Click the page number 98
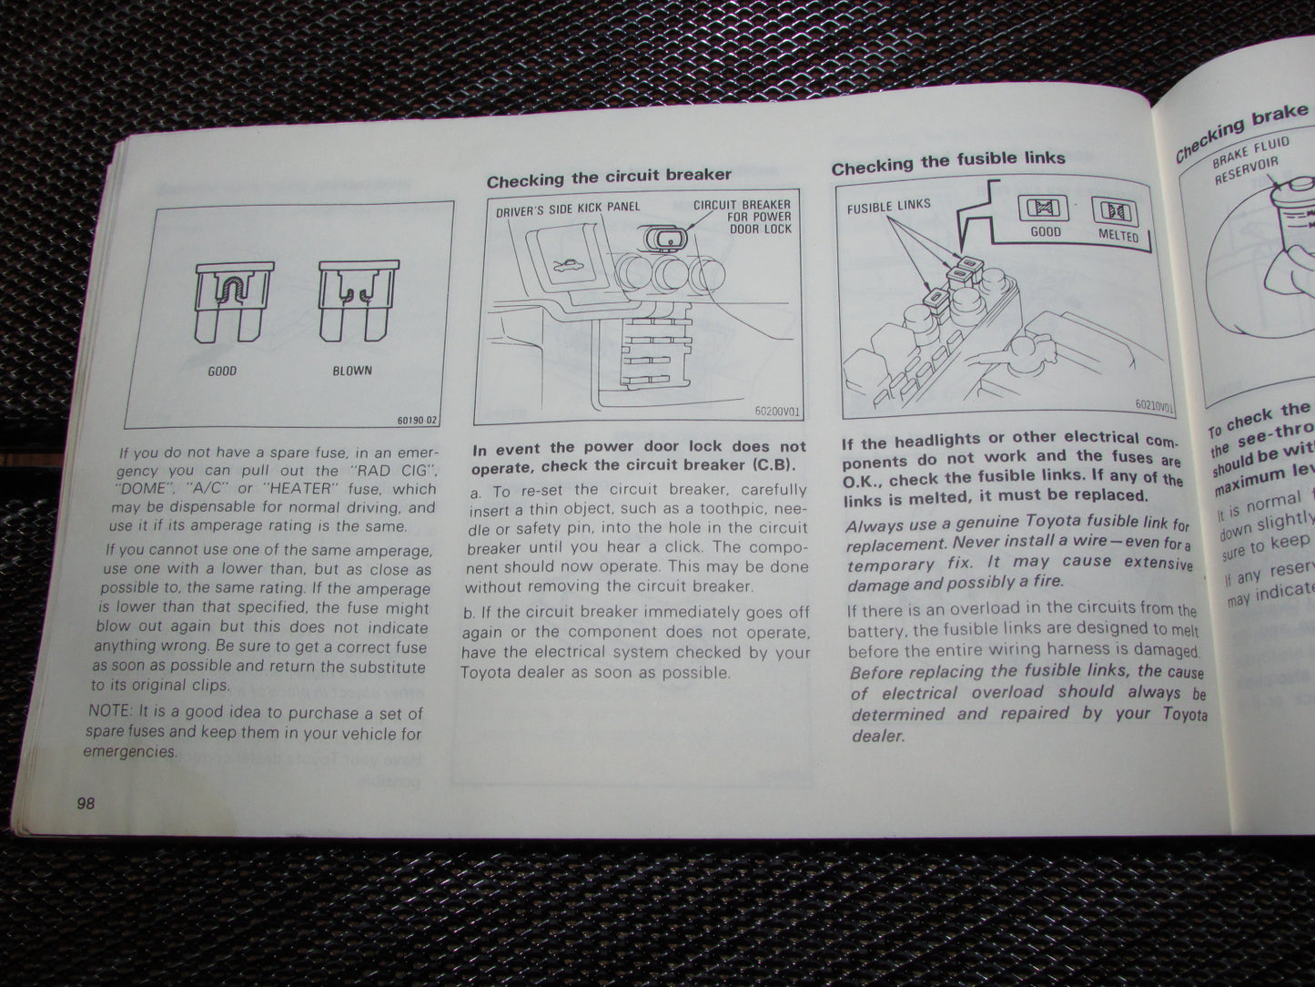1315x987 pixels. pyautogui.click(x=87, y=804)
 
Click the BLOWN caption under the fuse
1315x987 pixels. pyautogui.click(x=352, y=371)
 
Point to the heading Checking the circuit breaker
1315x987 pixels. pyautogui.click(x=609, y=177)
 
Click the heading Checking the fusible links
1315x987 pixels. pyautogui.click(x=948, y=161)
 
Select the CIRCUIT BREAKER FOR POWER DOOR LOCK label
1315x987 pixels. pyautogui.click(x=742, y=217)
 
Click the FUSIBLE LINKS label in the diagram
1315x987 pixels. pyautogui.click(x=889, y=206)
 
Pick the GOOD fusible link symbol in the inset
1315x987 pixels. pyautogui.click(x=1045, y=209)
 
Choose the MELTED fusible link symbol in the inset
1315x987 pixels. pyautogui.click(x=1115, y=212)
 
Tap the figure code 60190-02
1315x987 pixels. pyautogui.click(x=417, y=421)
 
